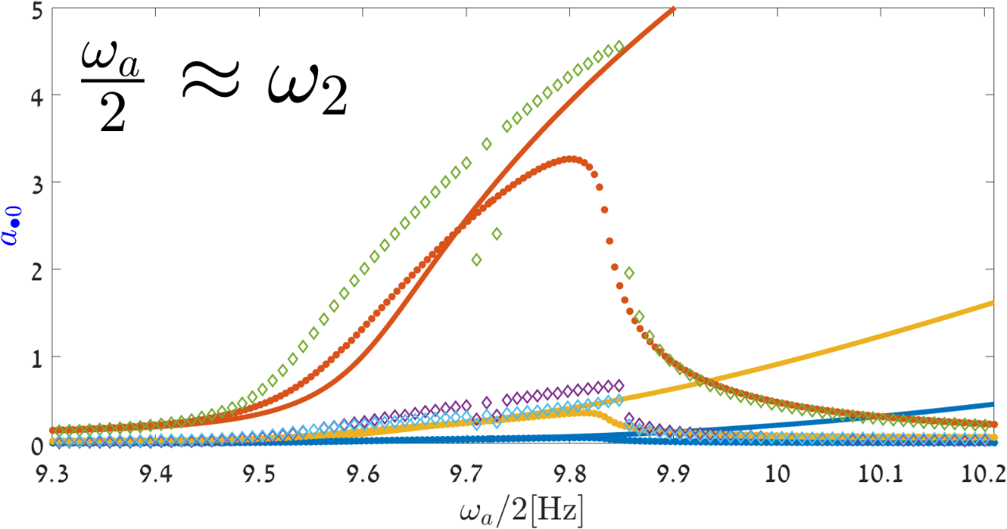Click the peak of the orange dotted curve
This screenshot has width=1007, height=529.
point(571,159)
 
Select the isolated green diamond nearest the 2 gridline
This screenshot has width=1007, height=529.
point(477,259)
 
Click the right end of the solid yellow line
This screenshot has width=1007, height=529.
point(994,303)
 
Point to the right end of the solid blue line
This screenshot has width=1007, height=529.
point(994,404)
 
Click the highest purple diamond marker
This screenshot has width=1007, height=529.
point(618,384)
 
